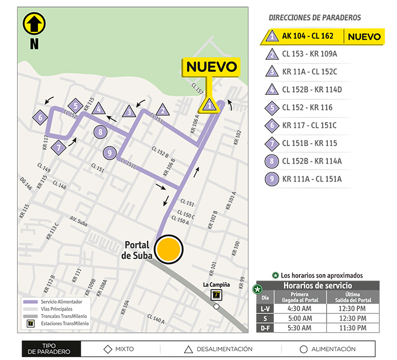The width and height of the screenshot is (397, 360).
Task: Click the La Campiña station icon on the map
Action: click(216, 294)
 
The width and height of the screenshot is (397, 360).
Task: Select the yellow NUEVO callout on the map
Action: click(210, 66)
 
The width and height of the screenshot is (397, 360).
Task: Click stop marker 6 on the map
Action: click(40, 118)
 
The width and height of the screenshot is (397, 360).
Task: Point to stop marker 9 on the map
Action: click(110, 152)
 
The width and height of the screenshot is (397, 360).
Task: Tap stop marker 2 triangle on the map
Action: click(162, 110)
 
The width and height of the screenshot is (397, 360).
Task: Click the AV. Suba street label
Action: click(81, 219)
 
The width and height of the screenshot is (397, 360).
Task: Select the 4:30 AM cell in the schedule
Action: click(299, 308)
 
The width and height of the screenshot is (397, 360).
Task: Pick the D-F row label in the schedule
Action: click(264, 328)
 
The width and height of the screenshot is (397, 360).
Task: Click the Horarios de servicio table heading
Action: click(317, 285)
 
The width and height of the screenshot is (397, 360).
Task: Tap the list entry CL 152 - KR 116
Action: click(307, 107)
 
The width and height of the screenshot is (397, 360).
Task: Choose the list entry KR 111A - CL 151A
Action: click(311, 179)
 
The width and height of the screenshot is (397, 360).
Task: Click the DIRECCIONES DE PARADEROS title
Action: click(314, 18)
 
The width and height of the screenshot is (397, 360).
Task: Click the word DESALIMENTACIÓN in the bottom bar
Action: click(225, 349)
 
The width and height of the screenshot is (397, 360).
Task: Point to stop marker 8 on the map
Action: click(100, 132)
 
